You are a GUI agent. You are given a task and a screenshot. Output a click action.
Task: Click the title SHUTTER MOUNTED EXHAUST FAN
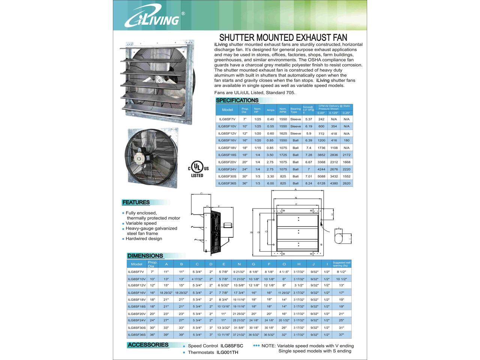click(283, 37)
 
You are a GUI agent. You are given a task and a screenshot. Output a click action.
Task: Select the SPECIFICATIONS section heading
click(237, 100)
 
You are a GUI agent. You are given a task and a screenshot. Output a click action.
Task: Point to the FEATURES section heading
click(136, 202)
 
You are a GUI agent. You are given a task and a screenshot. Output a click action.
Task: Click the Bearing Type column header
click(295, 110)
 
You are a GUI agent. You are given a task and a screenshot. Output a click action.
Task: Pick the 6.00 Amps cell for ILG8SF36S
click(270, 183)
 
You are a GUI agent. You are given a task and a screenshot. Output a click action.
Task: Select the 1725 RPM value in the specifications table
click(283, 155)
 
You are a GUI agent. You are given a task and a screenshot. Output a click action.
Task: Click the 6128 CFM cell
click(321, 183)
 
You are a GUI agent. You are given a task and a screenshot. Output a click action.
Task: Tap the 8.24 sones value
click(309, 183)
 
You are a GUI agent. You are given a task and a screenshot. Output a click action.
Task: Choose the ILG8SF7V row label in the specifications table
click(227, 119)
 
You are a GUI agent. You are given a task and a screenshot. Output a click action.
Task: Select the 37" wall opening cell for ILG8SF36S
click(342, 334)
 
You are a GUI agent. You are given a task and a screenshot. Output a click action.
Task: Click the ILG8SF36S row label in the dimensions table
click(136, 334)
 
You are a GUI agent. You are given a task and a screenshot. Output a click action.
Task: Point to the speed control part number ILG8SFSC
click(232, 346)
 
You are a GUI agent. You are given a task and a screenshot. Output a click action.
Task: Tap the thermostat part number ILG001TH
click(227, 352)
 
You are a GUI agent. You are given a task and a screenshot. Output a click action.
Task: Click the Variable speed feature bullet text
click(141, 223)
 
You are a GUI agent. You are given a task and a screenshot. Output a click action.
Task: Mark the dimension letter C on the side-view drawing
click(201, 193)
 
